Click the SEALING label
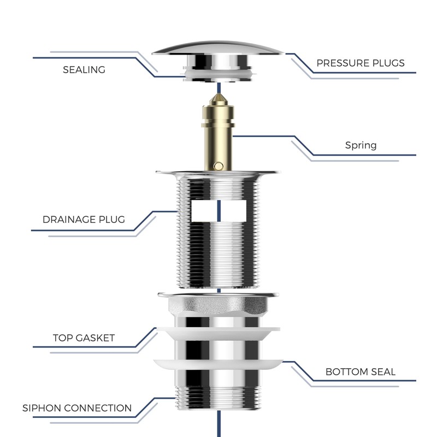pyautogui.click(x=84, y=70)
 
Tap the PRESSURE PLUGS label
pyautogui.click(x=361, y=63)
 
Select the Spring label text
pyautogui.click(x=361, y=145)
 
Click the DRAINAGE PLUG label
pyautogui.click(x=84, y=220)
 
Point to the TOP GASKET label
pyautogui.click(x=84, y=338)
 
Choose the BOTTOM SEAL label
pyautogui.click(x=361, y=372)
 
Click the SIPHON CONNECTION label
pyautogui.click(x=77, y=408)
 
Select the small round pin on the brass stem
pyautogui.click(x=218, y=165)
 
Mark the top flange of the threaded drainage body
pyautogui.click(x=218, y=174)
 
